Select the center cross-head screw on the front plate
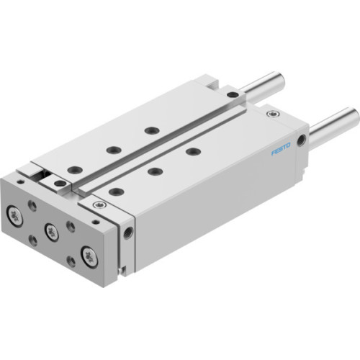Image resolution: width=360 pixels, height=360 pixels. tap(51, 231)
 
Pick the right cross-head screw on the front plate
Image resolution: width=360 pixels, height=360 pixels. tap(89, 254)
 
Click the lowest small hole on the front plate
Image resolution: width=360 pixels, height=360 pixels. tap(71, 262)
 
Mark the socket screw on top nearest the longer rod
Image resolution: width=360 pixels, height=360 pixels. tap(270, 114)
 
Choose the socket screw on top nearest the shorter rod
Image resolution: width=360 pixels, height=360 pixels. tap(232, 94)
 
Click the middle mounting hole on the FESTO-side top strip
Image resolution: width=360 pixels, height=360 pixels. tap(153, 171)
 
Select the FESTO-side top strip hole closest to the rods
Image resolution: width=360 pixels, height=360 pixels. tap(192, 151)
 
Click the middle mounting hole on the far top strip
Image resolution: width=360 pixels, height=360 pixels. tap(113, 150)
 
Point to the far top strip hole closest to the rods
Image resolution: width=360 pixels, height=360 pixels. tap(151, 130)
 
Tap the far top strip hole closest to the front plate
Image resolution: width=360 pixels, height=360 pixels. tap(74, 170)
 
